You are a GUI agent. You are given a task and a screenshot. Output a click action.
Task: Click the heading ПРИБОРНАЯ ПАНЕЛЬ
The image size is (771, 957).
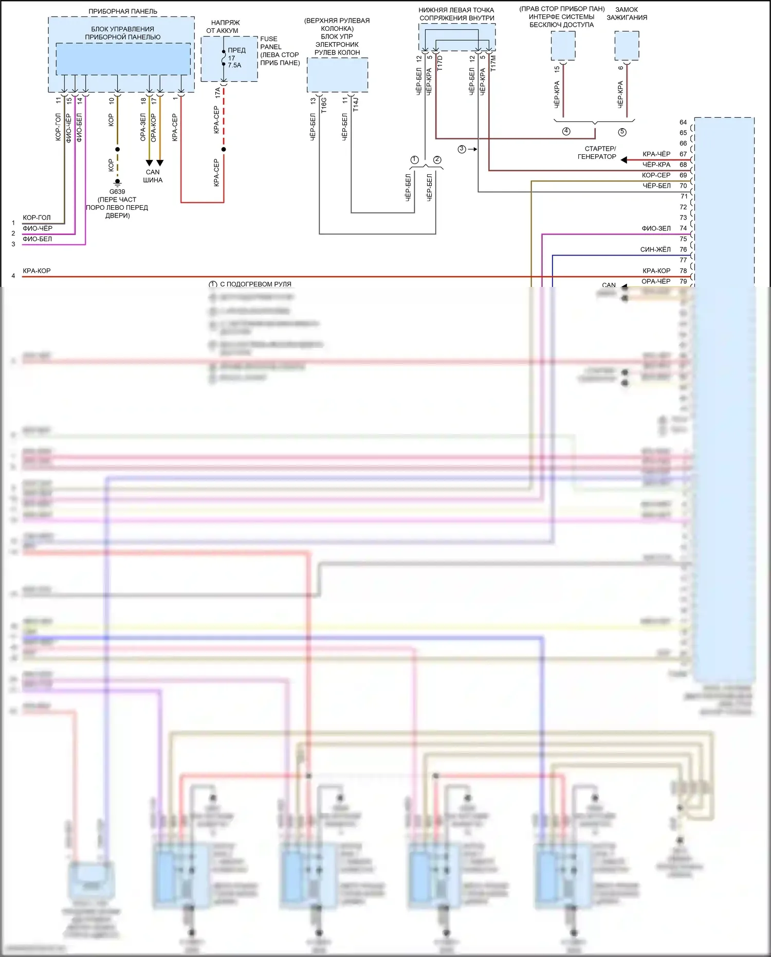coord(123,11)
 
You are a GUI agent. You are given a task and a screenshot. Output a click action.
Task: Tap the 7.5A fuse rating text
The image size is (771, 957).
coord(234,65)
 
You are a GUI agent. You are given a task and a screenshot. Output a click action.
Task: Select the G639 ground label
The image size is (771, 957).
coord(117,192)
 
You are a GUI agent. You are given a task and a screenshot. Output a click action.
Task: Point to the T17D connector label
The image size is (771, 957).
coord(440,63)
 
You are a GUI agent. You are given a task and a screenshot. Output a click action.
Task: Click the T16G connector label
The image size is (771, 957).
coord(324,105)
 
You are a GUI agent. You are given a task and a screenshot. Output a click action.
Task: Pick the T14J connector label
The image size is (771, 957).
coord(356,104)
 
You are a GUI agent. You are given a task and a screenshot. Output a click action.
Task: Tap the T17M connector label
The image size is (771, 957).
coord(493,63)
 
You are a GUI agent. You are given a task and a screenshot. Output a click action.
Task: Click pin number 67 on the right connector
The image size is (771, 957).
coord(683,154)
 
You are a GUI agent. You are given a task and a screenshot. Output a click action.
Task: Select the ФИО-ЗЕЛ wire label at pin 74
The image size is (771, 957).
coord(656,228)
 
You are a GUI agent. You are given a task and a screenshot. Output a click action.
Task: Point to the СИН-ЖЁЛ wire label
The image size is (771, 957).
coord(655,249)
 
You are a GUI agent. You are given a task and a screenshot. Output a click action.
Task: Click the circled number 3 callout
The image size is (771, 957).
coord(462,149)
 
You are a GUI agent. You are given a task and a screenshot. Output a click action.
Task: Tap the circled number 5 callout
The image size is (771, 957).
coord(622,132)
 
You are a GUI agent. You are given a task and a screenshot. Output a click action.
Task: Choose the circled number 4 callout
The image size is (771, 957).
coord(566,131)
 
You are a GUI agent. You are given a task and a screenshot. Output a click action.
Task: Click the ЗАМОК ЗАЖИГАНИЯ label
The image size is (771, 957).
coord(627,13)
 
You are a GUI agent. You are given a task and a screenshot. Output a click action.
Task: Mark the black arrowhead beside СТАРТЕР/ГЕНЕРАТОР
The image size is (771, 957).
coord(624,160)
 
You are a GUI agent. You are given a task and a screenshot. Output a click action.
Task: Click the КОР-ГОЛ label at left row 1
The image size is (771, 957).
coord(36,218)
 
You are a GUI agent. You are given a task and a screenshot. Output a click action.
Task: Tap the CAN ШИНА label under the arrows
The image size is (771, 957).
coord(153,176)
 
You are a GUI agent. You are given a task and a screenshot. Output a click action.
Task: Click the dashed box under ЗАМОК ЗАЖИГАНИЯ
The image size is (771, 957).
coord(627,46)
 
